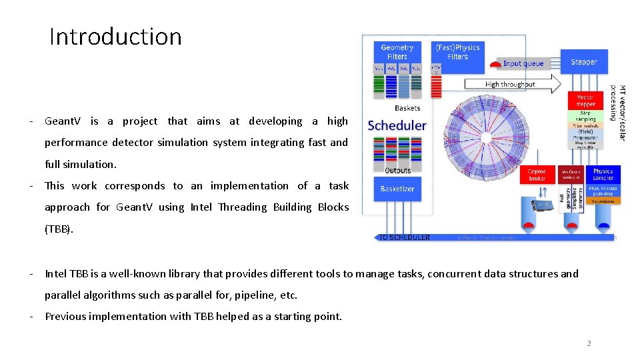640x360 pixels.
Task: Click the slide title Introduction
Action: point(115,37)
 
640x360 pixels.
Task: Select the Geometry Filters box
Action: point(397,52)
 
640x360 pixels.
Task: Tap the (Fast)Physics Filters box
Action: point(457,52)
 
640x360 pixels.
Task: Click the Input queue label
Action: point(523,64)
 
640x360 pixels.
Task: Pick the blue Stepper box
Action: point(584,63)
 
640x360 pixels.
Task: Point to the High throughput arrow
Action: point(511,85)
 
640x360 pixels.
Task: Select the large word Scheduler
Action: point(397,125)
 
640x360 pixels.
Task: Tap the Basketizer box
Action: point(397,189)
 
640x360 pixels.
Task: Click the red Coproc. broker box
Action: point(537,175)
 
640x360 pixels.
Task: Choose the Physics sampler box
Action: point(603,175)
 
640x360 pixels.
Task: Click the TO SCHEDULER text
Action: point(404,237)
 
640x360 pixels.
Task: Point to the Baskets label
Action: point(407,108)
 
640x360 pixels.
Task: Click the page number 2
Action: point(589,343)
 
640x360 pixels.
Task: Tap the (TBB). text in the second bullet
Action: point(59,229)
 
